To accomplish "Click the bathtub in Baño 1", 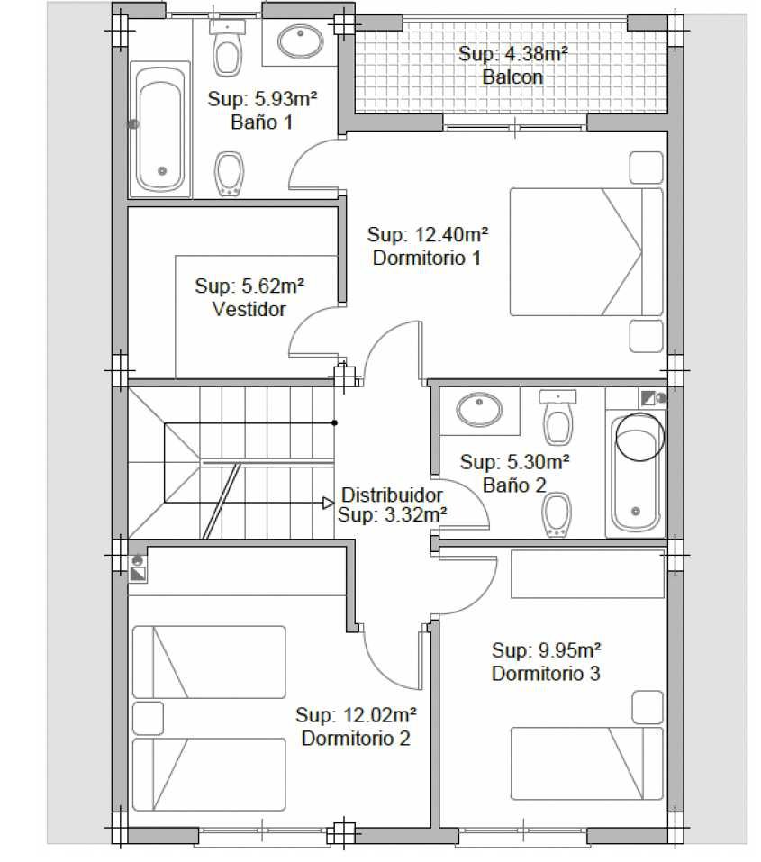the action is [x=160, y=130].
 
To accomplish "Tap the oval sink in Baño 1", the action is [x=300, y=41].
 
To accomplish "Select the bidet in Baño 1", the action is [x=229, y=173].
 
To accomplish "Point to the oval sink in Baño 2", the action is [x=479, y=410].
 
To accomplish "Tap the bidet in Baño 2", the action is [x=557, y=514].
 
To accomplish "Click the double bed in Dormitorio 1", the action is [x=586, y=252].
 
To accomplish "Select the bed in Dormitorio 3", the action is [x=586, y=763].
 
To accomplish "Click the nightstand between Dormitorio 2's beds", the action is [x=148, y=718].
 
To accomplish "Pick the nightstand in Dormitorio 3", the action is [x=648, y=707].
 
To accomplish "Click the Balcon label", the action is [x=512, y=77].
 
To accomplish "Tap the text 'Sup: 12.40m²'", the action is [x=427, y=235].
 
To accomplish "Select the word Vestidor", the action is [x=249, y=309].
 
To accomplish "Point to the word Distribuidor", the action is [x=392, y=495].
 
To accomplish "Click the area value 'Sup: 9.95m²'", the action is [x=546, y=650].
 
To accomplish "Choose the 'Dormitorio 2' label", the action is [x=356, y=738].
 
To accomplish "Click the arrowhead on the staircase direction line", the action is [x=328, y=503].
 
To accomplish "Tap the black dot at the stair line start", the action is [x=334, y=422].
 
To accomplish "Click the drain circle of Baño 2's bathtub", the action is [x=636, y=512].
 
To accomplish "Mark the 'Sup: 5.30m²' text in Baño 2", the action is [x=514, y=462].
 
